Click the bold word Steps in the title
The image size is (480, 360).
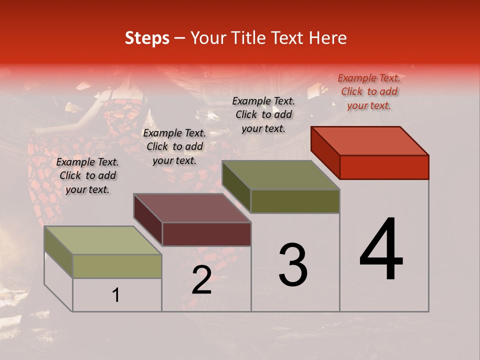tap(147, 38)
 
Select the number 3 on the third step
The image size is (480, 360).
tap(292, 264)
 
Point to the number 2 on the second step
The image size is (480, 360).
tap(201, 279)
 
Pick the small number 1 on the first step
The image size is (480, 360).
tap(116, 295)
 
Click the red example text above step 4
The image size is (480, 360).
tap(369, 91)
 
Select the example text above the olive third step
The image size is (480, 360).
tap(263, 114)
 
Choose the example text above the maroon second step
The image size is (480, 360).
tap(174, 146)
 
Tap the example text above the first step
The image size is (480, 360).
tap(87, 175)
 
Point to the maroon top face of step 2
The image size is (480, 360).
tap(192, 208)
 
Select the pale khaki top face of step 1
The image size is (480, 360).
tap(103, 240)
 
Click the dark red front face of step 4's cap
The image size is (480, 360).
tap(384, 167)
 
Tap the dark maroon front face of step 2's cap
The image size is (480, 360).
tap(206, 234)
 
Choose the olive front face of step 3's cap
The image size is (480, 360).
tap(295, 201)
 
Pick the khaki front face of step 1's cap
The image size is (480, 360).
tap(117, 266)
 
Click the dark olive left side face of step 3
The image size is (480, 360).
tap(236, 186)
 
